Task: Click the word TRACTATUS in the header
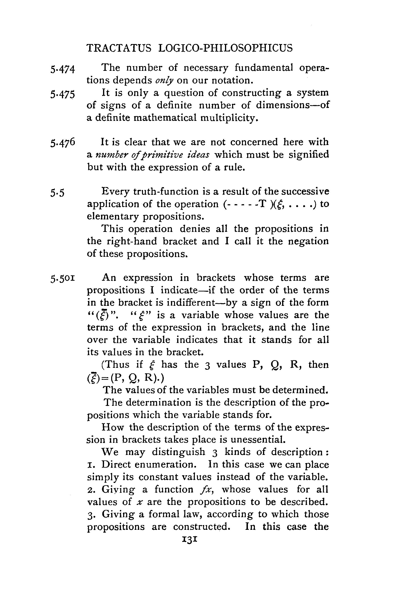point(119,48)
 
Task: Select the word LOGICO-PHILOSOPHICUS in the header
point(225,48)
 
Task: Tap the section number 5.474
point(63,69)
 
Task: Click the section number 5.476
point(63,143)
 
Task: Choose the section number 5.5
point(57,193)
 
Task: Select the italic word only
point(164,81)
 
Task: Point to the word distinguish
point(179,452)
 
